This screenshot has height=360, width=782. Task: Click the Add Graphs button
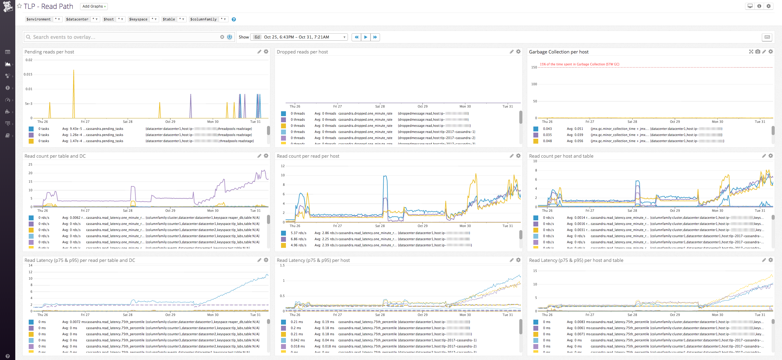pos(94,6)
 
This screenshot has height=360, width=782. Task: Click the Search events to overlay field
pos(122,37)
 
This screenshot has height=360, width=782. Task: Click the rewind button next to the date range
pos(356,37)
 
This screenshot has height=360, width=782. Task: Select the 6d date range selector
pos(299,37)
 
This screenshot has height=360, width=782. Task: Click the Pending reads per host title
pos(49,52)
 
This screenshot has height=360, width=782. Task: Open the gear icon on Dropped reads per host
pos(518,52)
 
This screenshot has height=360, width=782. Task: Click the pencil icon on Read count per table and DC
pos(259,156)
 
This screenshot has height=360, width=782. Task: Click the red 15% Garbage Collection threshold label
pos(579,64)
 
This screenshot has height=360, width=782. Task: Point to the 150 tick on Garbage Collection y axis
pos(534,67)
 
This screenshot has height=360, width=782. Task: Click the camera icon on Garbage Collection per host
pos(758,52)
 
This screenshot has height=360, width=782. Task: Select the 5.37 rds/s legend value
pos(298,233)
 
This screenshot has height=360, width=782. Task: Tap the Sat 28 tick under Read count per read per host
pos(380,226)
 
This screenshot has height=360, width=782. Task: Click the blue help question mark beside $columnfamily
pos(234,19)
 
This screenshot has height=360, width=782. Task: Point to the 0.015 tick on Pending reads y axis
pos(28,74)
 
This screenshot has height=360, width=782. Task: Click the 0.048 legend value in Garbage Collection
pos(547,141)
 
